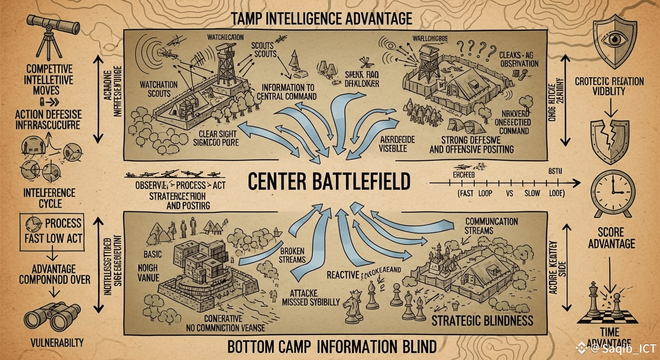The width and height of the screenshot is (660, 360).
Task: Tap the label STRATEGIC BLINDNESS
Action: (482, 321)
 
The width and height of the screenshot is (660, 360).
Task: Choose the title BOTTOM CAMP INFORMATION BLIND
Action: (332, 347)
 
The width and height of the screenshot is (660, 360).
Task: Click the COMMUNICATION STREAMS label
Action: (491, 225)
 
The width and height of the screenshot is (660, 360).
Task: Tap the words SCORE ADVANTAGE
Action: (611, 238)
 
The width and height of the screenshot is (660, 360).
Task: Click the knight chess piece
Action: (352, 307)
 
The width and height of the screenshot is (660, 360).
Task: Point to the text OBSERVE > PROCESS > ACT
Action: (180, 185)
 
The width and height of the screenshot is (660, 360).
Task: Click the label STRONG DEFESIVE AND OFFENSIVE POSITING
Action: (471, 145)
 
